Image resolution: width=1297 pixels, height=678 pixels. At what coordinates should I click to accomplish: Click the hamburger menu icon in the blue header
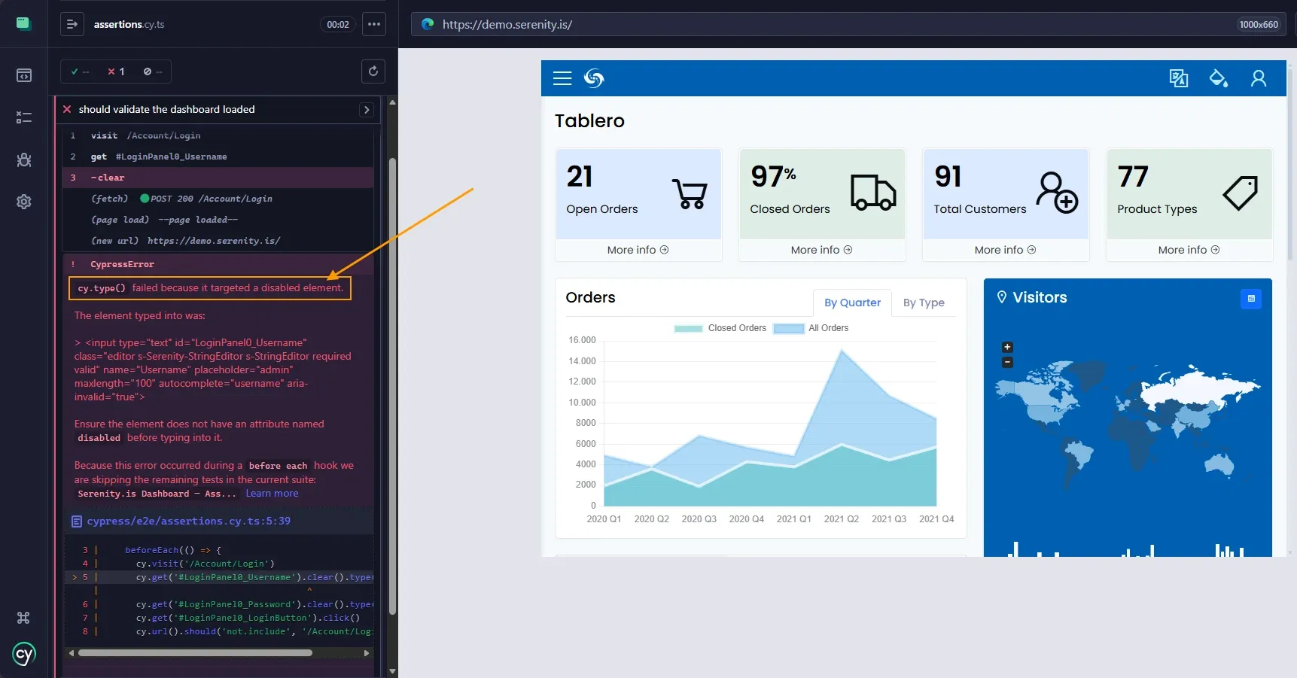562,78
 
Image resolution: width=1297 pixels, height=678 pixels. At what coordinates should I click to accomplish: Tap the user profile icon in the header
1258,78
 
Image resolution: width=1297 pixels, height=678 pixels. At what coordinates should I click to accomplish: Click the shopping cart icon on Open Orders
690,193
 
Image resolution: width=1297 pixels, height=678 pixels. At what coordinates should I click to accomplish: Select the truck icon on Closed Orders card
873,192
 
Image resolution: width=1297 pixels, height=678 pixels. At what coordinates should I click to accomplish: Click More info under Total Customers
1005,250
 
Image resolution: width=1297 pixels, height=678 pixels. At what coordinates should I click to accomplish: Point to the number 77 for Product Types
1133,177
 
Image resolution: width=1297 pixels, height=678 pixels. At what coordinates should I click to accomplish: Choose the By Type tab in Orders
924,303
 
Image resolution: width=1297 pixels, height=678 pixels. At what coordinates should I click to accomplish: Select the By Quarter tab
852,303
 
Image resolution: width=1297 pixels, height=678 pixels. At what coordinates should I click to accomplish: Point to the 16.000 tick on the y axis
582,340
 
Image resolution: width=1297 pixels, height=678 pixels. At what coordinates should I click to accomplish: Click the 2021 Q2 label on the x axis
841,519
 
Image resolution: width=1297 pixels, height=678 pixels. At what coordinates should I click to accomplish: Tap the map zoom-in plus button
1007,347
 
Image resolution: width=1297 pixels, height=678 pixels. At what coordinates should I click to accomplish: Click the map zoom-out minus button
1007,363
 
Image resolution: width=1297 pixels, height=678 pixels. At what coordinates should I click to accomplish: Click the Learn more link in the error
272,494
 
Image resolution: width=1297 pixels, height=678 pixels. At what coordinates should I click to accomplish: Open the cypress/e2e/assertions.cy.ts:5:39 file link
188,521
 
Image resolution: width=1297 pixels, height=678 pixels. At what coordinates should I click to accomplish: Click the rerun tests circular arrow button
373,71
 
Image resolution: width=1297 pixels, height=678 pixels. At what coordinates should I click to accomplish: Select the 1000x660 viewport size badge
1259,25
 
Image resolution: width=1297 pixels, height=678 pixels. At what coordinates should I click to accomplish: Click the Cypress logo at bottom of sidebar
24,654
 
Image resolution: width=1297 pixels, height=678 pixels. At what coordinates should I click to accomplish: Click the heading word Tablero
589,121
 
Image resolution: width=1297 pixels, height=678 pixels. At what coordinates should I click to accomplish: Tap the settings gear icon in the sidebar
24,202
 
